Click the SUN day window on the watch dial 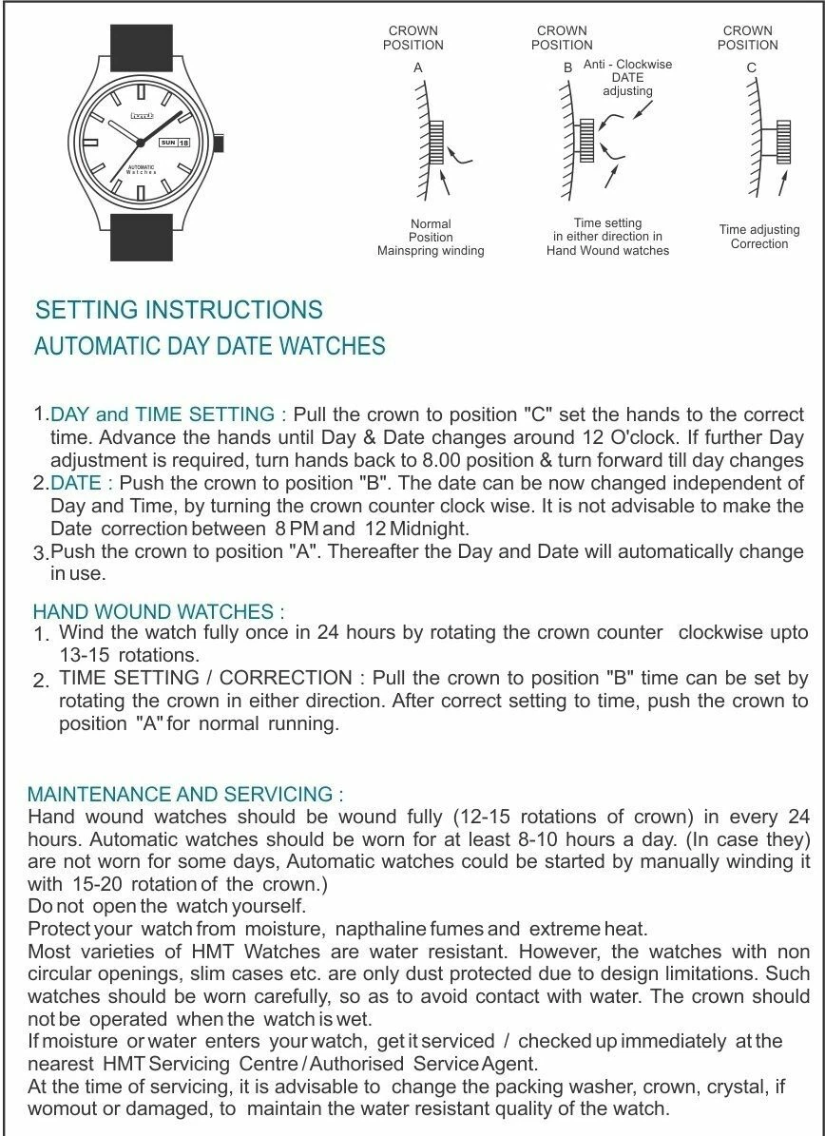[167, 142]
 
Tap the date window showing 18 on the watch [183, 142]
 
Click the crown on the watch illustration [220, 144]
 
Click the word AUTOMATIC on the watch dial [141, 167]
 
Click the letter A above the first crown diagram [417, 68]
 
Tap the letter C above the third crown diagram [751, 68]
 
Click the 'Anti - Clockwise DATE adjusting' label [627, 78]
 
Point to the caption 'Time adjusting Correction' [759, 237]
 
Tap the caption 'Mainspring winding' [431, 251]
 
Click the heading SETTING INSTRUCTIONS [179, 310]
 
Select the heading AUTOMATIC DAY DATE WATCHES [210, 346]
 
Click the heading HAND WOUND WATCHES [158, 611]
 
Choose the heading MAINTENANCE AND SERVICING [185, 795]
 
